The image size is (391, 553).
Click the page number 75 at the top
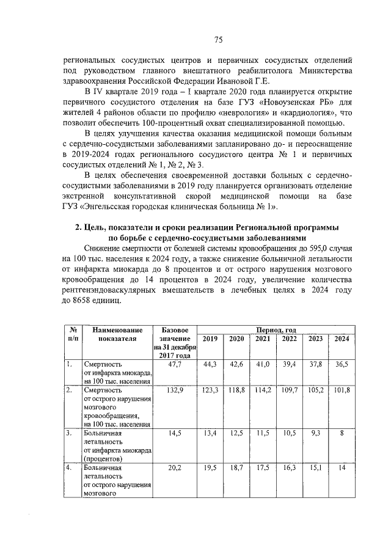(217, 40)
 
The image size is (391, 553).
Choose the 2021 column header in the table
(263, 339)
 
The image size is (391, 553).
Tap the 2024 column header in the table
(342, 339)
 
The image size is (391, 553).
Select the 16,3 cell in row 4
(289, 467)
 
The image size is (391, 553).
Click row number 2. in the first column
(70, 389)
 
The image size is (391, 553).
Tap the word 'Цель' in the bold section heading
(94, 227)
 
